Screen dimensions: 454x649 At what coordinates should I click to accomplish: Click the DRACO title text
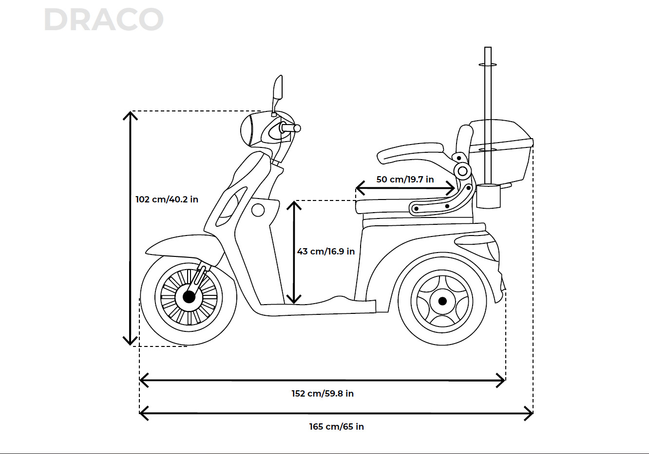103,20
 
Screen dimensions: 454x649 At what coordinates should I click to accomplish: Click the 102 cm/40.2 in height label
167,200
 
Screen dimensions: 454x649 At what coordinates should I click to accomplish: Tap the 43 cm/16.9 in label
326,252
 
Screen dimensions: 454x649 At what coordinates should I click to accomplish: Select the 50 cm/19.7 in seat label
405,180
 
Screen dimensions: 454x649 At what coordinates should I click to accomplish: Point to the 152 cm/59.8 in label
323,394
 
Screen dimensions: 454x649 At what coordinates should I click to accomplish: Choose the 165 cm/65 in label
336,427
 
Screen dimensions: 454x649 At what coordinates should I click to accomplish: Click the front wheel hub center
189,297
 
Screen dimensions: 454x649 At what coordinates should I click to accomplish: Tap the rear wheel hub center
442,301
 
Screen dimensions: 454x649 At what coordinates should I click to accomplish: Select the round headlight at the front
249,129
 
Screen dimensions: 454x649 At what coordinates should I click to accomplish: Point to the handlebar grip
291,128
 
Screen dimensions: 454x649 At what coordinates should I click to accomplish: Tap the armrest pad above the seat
410,152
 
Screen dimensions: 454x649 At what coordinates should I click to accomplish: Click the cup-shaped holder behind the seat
489,196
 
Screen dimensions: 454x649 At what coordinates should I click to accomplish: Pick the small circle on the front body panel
258,210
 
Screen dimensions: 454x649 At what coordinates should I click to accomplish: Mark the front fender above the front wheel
180,246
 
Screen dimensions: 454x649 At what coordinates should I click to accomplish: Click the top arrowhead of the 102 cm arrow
130,115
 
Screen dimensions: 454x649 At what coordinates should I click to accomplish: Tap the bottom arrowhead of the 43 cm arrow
294,300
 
